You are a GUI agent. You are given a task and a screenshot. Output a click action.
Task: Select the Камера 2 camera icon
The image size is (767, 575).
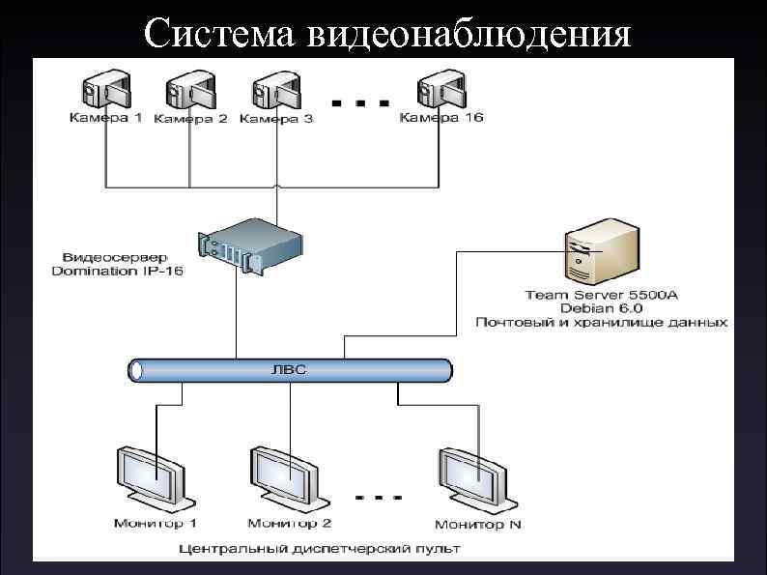pyautogui.click(x=189, y=91)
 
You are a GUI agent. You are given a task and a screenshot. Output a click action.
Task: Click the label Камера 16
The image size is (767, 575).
pyautogui.click(x=441, y=118)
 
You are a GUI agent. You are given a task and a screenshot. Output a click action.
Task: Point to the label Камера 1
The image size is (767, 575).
pyautogui.click(x=105, y=119)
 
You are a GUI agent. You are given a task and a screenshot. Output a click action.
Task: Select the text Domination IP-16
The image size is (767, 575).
pyautogui.click(x=117, y=273)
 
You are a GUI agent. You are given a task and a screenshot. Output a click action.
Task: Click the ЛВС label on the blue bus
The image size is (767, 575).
pyautogui.click(x=291, y=368)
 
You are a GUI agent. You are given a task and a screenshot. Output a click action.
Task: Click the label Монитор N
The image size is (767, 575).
pyautogui.click(x=477, y=525)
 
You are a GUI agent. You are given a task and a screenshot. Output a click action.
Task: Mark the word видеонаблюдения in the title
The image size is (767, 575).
pyautogui.click(x=470, y=34)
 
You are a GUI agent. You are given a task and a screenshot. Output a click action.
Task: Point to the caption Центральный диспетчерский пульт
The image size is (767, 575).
pyautogui.click(x=320, y=548)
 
